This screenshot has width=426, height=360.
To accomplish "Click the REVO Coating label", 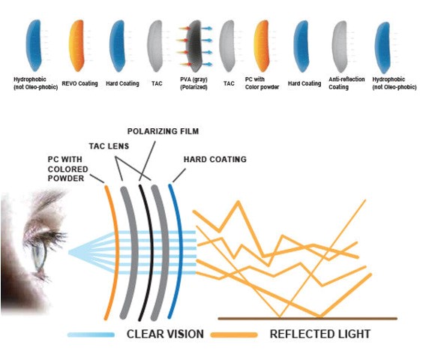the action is (79, 83).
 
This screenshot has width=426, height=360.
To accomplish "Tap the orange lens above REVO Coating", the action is (76, 46).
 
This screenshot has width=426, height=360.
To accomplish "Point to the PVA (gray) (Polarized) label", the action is (193, 83).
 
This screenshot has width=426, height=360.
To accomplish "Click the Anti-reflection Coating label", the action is (346, 83).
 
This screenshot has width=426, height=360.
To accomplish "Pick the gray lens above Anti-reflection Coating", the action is (339, 46).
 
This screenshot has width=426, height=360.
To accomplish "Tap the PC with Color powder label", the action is (262, 83).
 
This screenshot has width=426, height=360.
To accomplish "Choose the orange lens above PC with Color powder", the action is (261, 46).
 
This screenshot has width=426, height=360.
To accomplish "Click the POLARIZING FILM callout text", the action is (163, 131).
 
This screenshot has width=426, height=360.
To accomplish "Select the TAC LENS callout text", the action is (109, 146).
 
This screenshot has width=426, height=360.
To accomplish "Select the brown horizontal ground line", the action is (307, 319).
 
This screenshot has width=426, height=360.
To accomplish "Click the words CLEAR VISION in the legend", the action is (165, 334).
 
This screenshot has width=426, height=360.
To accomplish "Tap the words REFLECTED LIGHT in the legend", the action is (320, 334).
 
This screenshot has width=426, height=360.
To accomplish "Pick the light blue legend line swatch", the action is (91, 334).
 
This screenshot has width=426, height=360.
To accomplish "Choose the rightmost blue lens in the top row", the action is (382, 48).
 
